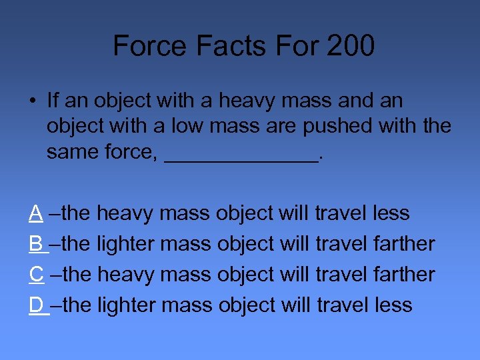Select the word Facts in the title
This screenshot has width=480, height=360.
pyautogui.click(x=223, y=46)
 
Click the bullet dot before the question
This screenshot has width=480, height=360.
pyautogui.click(x=32, y=101)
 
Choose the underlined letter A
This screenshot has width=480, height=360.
pyautogui.click(x=36, y=213)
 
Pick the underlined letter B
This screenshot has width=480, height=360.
pyautogui.click(x=36, y=244)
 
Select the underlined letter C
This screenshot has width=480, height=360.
pyautogui.click(x=37, y=275)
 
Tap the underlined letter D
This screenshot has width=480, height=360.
pyautogui.click(x=37, y=305)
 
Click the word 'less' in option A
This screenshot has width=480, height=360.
pyautogui.click(x=391, y=213)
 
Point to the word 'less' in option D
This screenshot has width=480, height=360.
pyautogui.click(x=393, y=305)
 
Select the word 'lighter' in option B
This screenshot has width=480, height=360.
pyautogui.click(x=126, y=244)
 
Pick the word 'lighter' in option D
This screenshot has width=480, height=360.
pyautogui.click(x=126, y=305)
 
